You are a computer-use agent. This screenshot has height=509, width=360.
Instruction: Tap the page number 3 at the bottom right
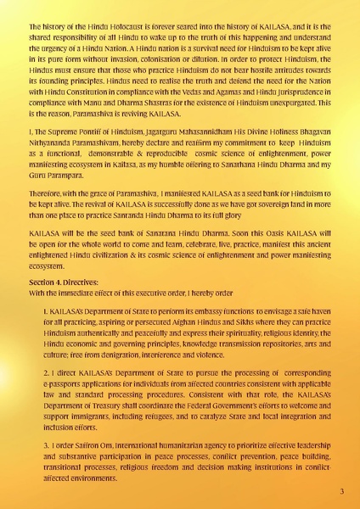(x=341, y=491)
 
